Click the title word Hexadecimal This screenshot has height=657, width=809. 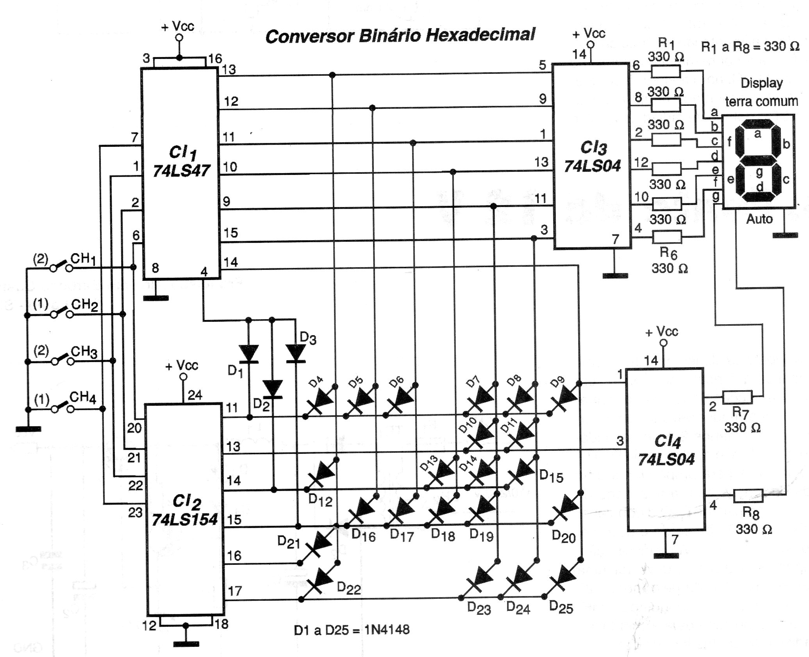click(x=480, y=36)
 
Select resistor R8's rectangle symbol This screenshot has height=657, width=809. click(x=748, y=496)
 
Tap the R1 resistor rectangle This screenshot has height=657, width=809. click(x=666, y=72)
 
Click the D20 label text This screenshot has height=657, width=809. click(x=563, y=537)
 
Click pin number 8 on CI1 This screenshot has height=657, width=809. click(x=155, y=268)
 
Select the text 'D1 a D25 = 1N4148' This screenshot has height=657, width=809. click(x=352, y=630)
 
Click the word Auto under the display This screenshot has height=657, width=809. click(x=759, y=219)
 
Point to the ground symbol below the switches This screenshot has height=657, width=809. click(x=28, y=429)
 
